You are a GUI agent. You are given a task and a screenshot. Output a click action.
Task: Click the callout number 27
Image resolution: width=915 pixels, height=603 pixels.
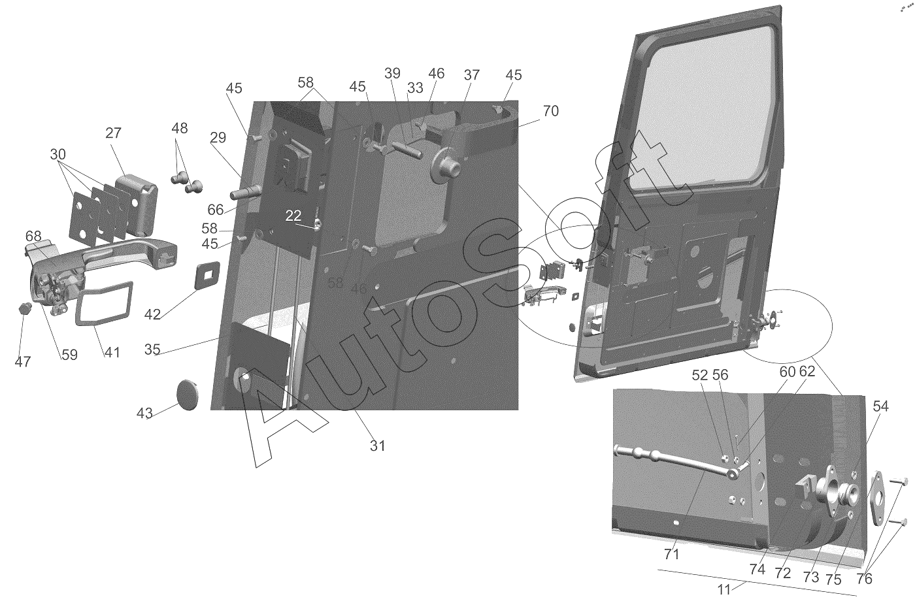pos(113,133)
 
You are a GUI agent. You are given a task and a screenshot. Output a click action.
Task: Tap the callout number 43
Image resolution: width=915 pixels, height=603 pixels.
pos(144,413)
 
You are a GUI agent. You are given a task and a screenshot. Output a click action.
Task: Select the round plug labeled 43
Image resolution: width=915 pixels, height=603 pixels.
pos(188,394)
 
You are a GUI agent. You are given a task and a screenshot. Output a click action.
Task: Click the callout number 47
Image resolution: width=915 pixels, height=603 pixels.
pos(23,361)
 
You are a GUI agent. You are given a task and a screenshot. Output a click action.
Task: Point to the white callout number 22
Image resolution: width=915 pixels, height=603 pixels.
pos(293,216)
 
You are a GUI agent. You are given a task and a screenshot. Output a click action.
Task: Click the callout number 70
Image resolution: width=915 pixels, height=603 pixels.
pos(550,110)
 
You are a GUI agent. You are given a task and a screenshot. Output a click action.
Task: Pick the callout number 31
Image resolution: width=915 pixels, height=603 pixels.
pos(378,446)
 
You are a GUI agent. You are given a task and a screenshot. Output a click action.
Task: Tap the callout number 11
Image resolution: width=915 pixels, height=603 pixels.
pos(724,590)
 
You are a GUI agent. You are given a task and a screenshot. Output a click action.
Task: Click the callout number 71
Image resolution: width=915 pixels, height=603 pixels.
pos(672,555)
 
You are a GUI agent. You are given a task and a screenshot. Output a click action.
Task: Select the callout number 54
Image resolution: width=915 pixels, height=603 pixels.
pos(881,406)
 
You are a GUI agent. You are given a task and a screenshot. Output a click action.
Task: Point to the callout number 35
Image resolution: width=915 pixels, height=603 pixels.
pos(152,350)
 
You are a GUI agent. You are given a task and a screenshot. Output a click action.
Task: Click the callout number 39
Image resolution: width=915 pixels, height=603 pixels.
pos(392,73)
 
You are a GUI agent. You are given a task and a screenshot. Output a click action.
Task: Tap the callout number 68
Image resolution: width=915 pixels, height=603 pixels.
pos(33,236)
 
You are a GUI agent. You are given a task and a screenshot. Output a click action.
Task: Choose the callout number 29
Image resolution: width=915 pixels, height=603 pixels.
pos(218,138)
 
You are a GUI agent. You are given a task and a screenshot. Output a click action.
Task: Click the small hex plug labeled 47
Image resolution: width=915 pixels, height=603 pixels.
pos(25,308)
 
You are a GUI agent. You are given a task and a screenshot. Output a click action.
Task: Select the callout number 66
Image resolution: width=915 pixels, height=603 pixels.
pos(216,210)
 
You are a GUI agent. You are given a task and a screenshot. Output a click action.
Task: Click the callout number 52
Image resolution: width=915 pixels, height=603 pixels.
pos(700,376)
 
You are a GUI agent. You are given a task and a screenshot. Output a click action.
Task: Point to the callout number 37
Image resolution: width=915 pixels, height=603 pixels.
pos(472,75)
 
